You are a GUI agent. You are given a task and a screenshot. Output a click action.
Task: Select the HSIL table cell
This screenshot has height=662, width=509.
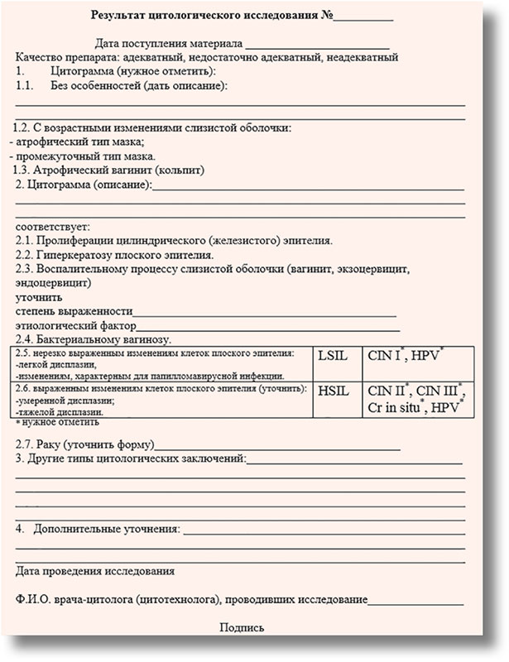pyautogui.click(x=334, y=390)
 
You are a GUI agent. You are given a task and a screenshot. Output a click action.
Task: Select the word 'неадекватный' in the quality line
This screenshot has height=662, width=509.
pyautogui.click(x=361, y=57)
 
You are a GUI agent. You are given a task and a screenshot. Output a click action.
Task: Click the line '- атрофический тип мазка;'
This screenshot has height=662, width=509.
pyautogui.click(x=64, y=142)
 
